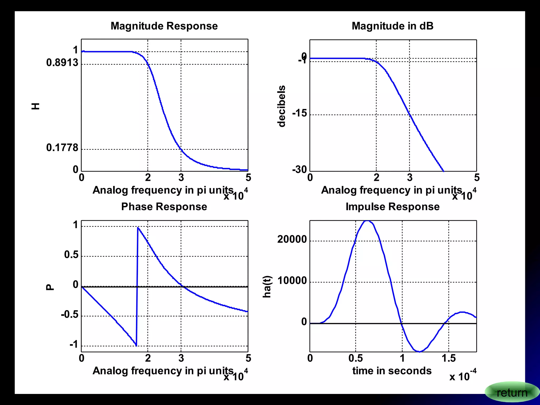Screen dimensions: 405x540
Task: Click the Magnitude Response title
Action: [164, 26]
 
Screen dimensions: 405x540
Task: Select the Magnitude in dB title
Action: [392, 26]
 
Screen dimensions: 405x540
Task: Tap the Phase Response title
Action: [164, 207]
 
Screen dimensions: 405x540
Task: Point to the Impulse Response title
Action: [392, 207]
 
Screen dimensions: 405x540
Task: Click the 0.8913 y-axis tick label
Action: [62, 63]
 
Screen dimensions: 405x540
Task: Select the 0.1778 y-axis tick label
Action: [62, 148]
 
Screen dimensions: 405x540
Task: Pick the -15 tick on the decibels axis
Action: [300, 113]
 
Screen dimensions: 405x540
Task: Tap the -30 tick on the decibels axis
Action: [300, 170]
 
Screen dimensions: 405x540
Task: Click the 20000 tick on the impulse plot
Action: [292, 239]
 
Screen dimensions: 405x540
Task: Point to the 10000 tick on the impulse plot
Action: [292, 281]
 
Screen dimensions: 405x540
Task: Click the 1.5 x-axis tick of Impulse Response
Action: [449, 358]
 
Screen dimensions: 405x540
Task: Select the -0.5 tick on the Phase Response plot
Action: [70, 315]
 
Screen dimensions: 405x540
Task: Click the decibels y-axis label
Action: [282, 106]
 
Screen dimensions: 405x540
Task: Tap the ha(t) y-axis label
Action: [267, 287]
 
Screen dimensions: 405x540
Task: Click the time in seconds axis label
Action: [392, 371]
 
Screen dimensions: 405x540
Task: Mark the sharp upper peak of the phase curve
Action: [138, 227]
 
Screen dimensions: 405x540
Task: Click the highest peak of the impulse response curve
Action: [368, 221]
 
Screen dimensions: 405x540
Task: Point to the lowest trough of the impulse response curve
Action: [419, 351]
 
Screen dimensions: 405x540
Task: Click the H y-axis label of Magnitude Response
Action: [35, 106]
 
